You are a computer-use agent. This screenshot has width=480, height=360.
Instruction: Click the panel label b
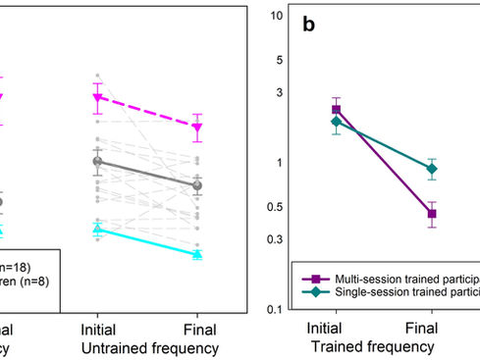click(x=308, y=26)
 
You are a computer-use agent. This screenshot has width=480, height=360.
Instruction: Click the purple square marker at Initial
click(x=337, y=110)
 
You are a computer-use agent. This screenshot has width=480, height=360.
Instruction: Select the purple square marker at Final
click(x=432, y=214)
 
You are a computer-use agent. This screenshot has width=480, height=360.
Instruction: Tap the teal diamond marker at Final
click(x=432, y=169)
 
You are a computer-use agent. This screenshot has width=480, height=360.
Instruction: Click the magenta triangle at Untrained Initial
click(x=97, y=97)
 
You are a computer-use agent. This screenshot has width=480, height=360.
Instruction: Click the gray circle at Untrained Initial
click(x=97, y=162)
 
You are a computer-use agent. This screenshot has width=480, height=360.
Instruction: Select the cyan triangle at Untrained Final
click(x=197, y=254)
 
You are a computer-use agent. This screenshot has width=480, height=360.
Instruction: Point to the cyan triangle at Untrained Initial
click(x=97, y=230)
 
